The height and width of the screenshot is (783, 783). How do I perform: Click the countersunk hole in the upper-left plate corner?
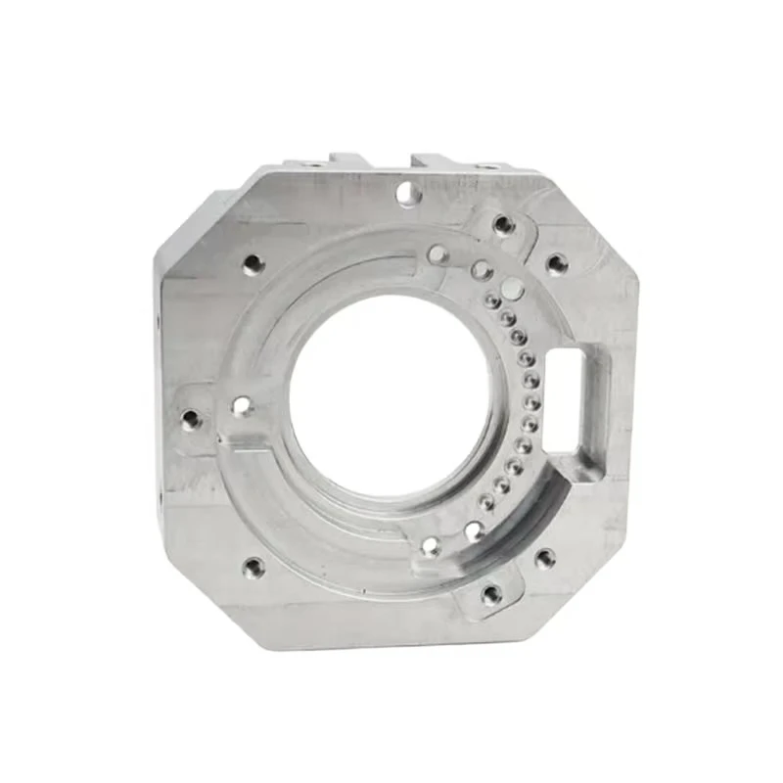click(x=253, y=264)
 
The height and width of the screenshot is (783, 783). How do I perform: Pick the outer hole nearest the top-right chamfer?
click(x=557, y=263)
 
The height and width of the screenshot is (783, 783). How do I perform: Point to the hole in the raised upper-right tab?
click(x=504, y=225)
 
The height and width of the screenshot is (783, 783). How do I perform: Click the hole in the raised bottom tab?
click(x=491, y=593)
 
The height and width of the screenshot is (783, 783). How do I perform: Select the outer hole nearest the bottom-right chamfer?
click(x=545, y=559)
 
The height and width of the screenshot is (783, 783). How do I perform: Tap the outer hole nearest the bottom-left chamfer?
click(x=253, y=567)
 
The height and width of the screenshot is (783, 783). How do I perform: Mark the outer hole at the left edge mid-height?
click(x=191, y=420)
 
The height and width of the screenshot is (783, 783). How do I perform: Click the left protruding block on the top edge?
click(x=348, y=161)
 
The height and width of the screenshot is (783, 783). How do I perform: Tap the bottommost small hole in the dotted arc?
click(x=486, y=503)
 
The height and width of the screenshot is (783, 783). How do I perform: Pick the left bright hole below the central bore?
click(x=431, y=546)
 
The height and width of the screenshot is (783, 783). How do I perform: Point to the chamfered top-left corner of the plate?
click(x=201, y=210)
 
